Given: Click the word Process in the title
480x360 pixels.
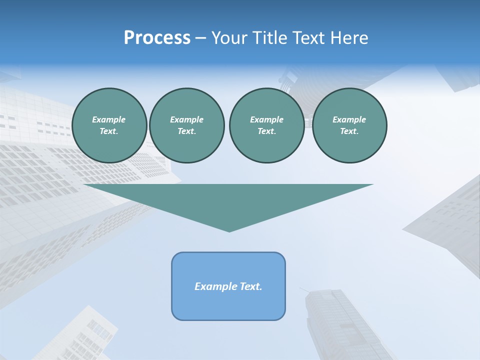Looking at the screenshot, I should pyautogui.click(x=157, y=38).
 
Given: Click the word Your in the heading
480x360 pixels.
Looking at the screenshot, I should pyautogui.click(x=229, y=38).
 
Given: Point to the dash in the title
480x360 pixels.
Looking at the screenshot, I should pyautogui.click(x=200, y=38).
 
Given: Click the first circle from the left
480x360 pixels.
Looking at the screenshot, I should pyautogui.click(x=109, y=125).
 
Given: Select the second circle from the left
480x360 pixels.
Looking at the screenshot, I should pyautogui.click(x=186, y=125).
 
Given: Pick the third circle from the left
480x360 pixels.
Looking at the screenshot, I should pyautogui.click(x=266, y=125).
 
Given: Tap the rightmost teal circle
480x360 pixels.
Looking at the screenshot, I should pyautogui.click(x=349, y=125).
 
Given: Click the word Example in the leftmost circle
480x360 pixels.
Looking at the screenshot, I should pyautogui.click(x=109, y=119).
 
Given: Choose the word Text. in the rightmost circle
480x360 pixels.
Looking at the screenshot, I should pyautogui.click(x=349, y=131).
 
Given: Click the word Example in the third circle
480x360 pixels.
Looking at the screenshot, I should pyautogui.click(x=266, y=119).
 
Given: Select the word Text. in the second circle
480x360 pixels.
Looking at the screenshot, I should pyautogui.click(x=186, y=131).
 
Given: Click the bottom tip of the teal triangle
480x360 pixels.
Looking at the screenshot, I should pyautogui.click(x=229, y=231).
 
